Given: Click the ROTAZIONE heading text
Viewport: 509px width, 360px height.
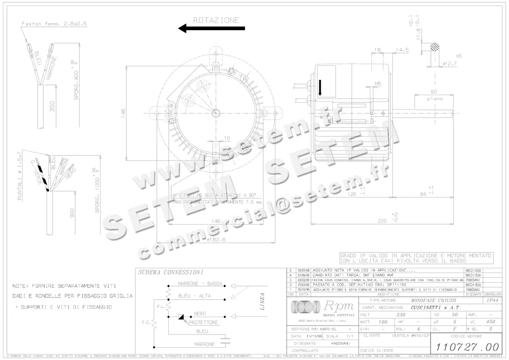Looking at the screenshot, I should [x=216, y=20].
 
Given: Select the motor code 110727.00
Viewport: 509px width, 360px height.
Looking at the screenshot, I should [x=467, y=346].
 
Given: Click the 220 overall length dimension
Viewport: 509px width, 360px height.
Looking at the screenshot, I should [x=383, y=220].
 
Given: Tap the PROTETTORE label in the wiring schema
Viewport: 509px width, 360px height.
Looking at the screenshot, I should [x=203, y=323].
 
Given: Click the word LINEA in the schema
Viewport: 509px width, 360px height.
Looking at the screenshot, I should [x=262, y=301].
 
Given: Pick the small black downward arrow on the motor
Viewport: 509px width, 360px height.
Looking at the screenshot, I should [x=320, y=88].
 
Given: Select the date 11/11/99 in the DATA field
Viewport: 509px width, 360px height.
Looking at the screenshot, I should [x=314, y=336].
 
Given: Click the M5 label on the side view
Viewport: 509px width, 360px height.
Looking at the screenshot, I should [x=378, y=83].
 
